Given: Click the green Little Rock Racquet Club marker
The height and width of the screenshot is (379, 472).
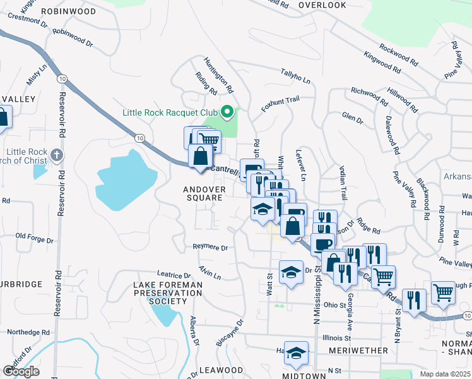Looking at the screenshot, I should pos(228,113).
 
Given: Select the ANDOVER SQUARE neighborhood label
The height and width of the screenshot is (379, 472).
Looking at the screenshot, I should pos(203,193).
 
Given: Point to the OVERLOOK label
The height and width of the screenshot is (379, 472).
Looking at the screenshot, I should pos(322,5).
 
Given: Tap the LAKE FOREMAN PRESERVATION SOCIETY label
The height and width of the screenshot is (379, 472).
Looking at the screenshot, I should pos(168,293).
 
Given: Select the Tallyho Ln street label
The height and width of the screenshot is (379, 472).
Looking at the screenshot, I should pos(295,80).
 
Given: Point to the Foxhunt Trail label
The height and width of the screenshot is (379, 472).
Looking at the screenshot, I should pos(280,100).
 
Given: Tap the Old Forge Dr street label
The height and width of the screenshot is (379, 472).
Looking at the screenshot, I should pos(35,237).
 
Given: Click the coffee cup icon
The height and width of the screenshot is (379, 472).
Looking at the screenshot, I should pos(322,243).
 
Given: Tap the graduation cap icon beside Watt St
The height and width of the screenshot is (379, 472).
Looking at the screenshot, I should pos(291,272).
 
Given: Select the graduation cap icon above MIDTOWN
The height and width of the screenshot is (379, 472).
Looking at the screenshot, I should pos(296,354).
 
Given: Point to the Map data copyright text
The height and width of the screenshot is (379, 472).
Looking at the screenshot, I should pos(445,374).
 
